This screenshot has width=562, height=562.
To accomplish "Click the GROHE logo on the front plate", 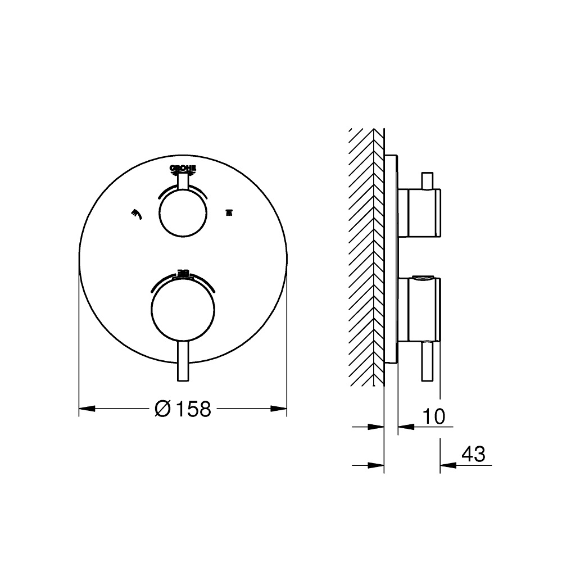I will pos(183,168).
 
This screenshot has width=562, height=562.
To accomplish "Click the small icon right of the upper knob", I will pos(228,212).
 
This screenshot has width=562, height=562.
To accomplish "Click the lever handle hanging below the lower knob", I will pos(183,362).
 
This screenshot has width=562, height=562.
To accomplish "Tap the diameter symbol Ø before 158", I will pos(162,409).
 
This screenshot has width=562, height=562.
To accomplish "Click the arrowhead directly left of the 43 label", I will pos(447,465).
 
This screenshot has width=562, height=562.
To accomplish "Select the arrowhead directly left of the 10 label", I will pos(405,427).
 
